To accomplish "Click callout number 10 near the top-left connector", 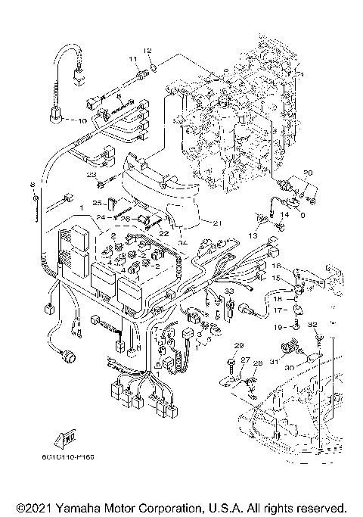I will click(82, 121).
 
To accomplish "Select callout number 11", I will click(132, 58).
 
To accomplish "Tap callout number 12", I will click(148, 50).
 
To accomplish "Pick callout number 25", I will click(97, 203).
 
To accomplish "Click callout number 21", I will click(217, 223).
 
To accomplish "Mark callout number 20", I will click(308, 173).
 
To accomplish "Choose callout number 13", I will click(251, 235).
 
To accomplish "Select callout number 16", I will click(277, 266).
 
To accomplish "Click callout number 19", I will click(278, 325).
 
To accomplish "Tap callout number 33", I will click(230, 291).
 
